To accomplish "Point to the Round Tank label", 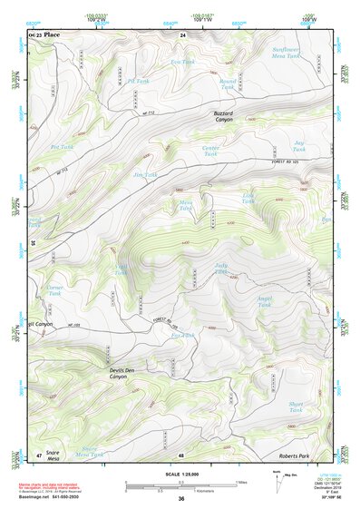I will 228,84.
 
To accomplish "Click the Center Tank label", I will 210,151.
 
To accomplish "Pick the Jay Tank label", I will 298,145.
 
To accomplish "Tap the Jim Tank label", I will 145,174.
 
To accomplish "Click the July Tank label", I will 221,269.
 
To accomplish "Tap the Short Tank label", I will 295,407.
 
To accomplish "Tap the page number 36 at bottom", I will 181,499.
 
